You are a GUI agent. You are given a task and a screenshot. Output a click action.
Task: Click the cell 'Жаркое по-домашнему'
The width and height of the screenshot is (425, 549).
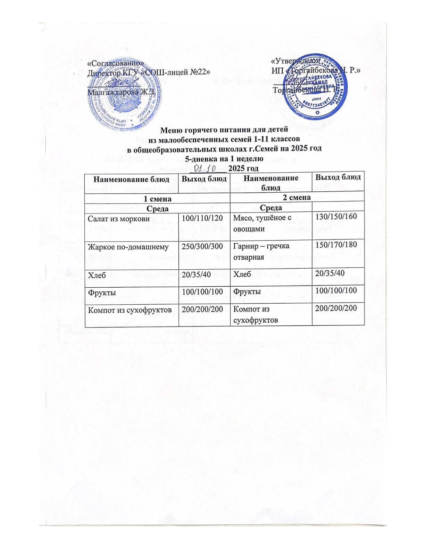[128, 247]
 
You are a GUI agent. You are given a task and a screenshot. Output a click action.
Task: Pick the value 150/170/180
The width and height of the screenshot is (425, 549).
[336, 245]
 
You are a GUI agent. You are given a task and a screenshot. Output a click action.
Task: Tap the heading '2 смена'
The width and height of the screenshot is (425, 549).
[297, 198]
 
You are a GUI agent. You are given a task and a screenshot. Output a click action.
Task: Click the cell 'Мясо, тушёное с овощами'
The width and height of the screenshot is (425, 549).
[261, 223]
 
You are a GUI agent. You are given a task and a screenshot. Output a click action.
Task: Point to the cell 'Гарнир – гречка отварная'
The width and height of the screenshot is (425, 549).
[261, 251]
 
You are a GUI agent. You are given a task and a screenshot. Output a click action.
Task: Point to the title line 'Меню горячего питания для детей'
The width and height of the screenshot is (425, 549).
[224, 130]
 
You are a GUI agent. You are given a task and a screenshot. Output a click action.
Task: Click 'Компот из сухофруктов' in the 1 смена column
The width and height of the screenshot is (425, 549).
[130, 309]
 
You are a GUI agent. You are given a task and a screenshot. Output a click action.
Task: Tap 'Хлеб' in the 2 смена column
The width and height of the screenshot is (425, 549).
[242, 274]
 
